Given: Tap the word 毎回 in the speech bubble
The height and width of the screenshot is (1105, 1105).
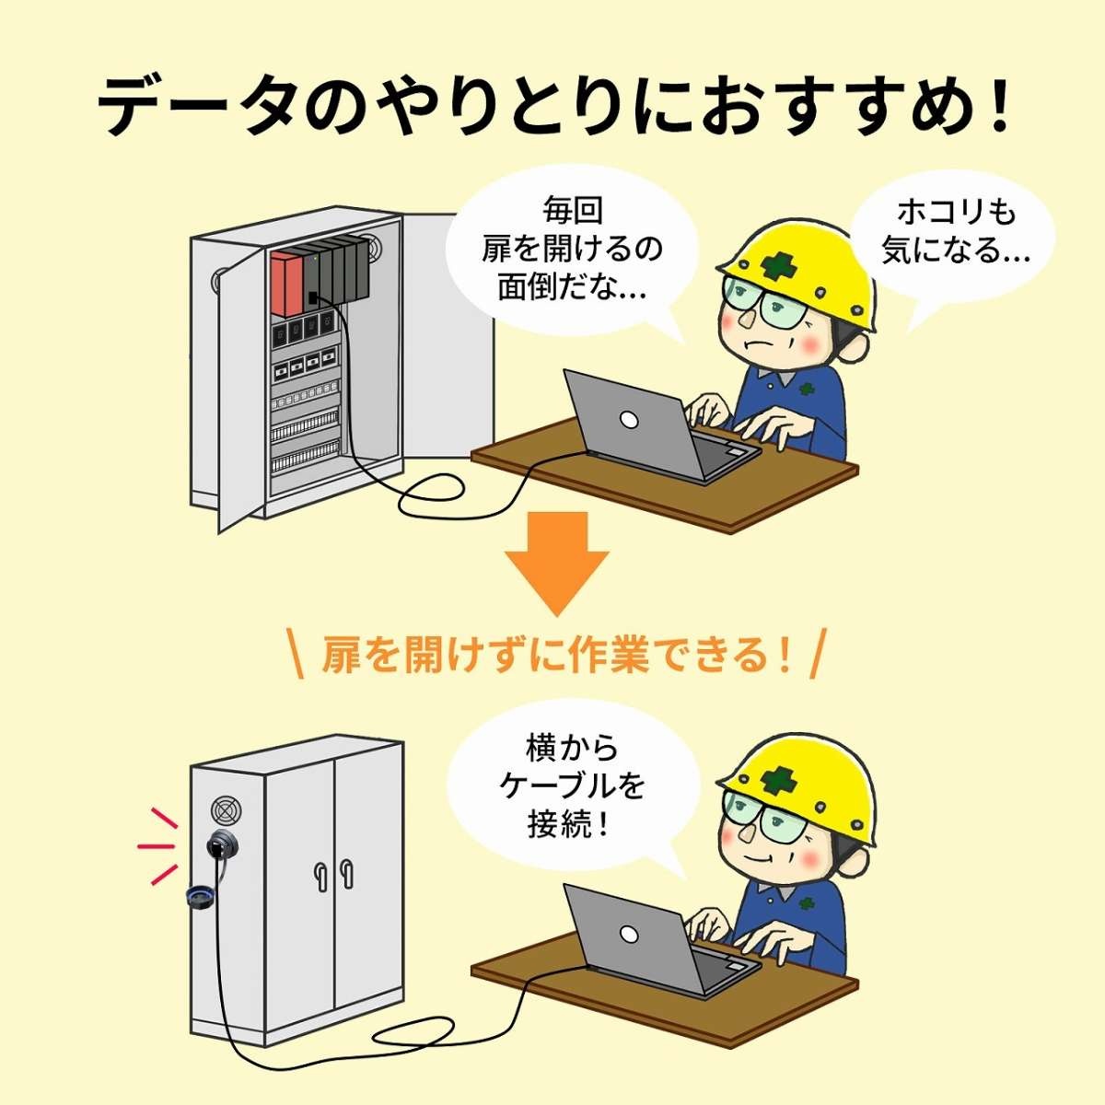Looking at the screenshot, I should click(572, 211).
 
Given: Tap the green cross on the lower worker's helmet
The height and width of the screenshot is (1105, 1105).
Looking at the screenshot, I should click(778, 781).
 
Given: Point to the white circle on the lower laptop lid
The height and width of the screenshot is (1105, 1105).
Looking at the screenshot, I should click(630, 936).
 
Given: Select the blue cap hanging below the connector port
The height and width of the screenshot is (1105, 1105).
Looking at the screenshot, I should click(201, 899).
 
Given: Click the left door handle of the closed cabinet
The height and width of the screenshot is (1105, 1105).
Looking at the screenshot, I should click(320, 874).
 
